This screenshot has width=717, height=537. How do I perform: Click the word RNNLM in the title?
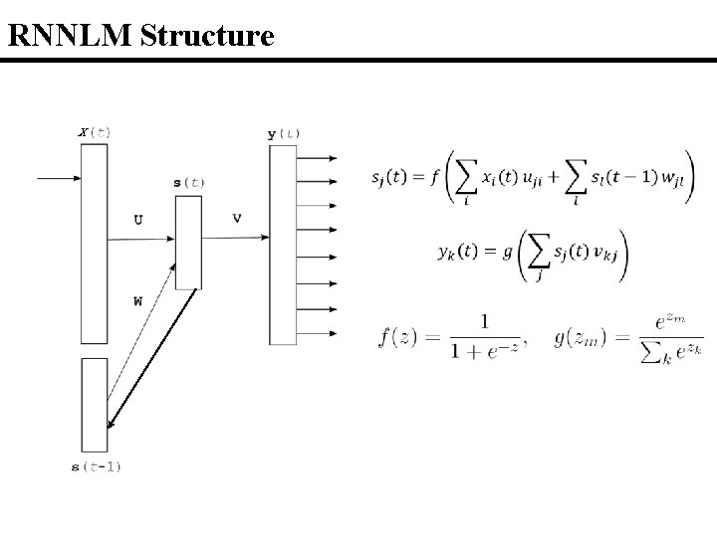point(71,37)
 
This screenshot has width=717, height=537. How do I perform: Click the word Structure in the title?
point(207,37)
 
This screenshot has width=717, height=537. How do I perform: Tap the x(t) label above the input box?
point(95,132)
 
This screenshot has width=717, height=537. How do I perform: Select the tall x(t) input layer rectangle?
point(94,243)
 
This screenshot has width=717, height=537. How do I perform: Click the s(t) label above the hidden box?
point(189,183)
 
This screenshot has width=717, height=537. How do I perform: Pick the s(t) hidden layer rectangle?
point(188,243)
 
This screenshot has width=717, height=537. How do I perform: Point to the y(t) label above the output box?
point(284,133)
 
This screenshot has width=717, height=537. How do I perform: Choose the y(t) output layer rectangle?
point(283,245)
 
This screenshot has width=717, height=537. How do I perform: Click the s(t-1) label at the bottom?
point(97,466)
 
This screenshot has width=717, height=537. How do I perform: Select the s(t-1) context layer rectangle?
point(94,404)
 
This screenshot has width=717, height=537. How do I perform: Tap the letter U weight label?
point(136,219)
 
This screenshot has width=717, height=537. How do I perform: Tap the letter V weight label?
point(236,217)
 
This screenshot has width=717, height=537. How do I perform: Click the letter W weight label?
point(136,299)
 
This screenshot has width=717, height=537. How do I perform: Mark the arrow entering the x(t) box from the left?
point(58,179)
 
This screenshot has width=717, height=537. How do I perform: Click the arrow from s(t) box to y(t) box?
point(235,238)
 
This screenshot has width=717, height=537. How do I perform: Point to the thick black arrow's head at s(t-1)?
point(112,426)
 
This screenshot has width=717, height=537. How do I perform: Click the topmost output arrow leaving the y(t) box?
point(317,157)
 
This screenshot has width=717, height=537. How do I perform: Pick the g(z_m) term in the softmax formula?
point(579,338)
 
